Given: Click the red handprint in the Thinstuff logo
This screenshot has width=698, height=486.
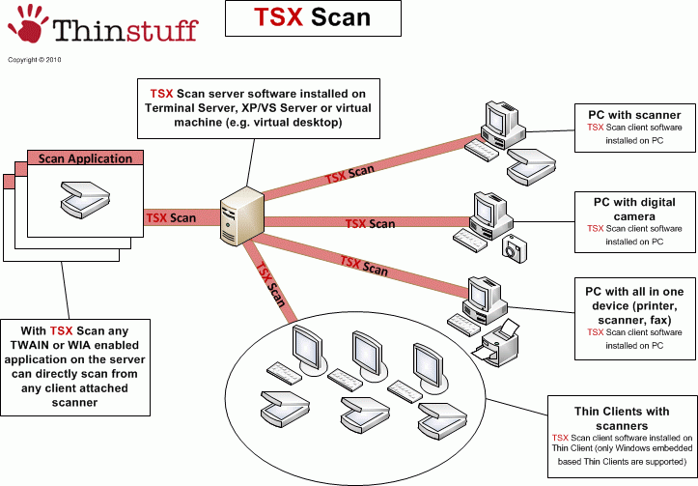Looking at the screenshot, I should (x=29, y=26).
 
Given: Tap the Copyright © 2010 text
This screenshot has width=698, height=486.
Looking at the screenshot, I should (x=34, y=59).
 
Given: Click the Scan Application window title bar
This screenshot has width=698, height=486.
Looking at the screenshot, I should (x=85, y=158).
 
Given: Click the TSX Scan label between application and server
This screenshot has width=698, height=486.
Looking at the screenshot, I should (x=171, y=218).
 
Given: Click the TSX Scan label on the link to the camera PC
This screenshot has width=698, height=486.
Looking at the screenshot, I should (x=371, y=224).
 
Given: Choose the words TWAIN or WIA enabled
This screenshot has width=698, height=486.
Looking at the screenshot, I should (x=76, y=357).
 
